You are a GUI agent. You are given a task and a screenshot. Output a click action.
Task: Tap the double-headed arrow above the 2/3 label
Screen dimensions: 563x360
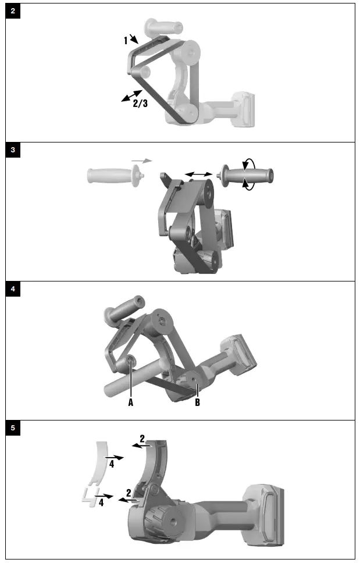pos(131,95)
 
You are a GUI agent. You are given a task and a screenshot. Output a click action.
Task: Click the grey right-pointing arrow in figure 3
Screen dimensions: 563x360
pos(141,160)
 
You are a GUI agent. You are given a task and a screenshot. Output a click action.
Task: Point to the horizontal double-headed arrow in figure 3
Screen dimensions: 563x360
pos(198,173)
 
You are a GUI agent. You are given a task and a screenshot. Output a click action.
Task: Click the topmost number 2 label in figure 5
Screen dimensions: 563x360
pos(142,438)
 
